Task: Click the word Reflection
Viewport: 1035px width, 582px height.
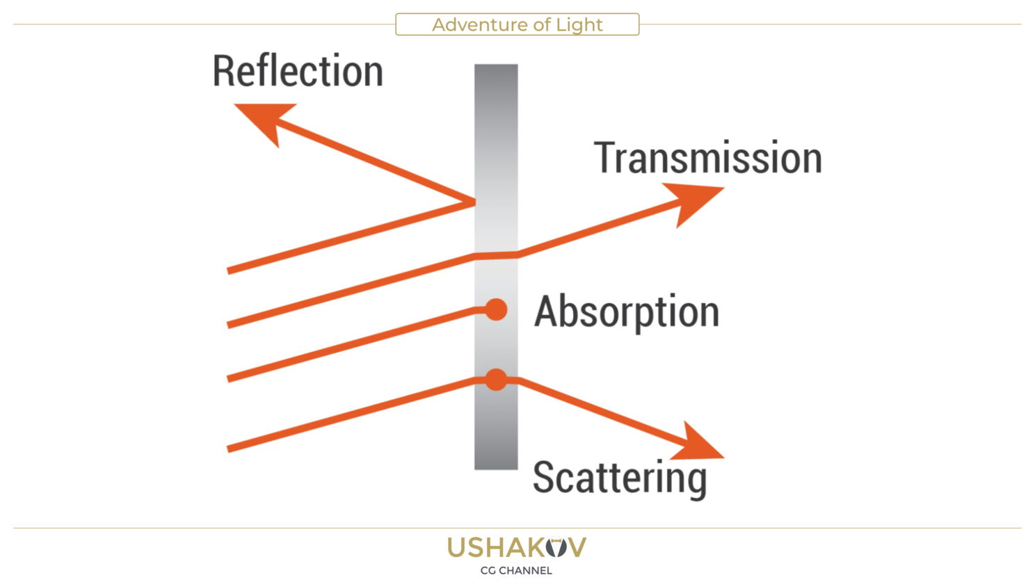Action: coord(298,71)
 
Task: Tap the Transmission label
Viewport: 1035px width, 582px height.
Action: coord(707,158)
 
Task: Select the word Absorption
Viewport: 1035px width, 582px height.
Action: coord(626,311)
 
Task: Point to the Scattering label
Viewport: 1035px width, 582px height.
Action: coord(619,478)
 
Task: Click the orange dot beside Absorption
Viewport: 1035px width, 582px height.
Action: coord(496,309)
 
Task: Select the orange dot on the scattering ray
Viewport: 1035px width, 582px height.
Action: coord(496,380)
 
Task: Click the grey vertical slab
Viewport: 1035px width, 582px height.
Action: coord(496,139)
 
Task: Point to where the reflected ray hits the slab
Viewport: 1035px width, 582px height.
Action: coord(474,202)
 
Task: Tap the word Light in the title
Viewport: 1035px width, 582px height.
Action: coord(579,25)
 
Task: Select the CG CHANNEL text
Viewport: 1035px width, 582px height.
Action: coord(516,571)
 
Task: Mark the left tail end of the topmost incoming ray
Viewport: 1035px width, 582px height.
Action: coord(229,270)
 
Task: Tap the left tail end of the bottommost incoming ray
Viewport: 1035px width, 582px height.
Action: coord(229,449)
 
